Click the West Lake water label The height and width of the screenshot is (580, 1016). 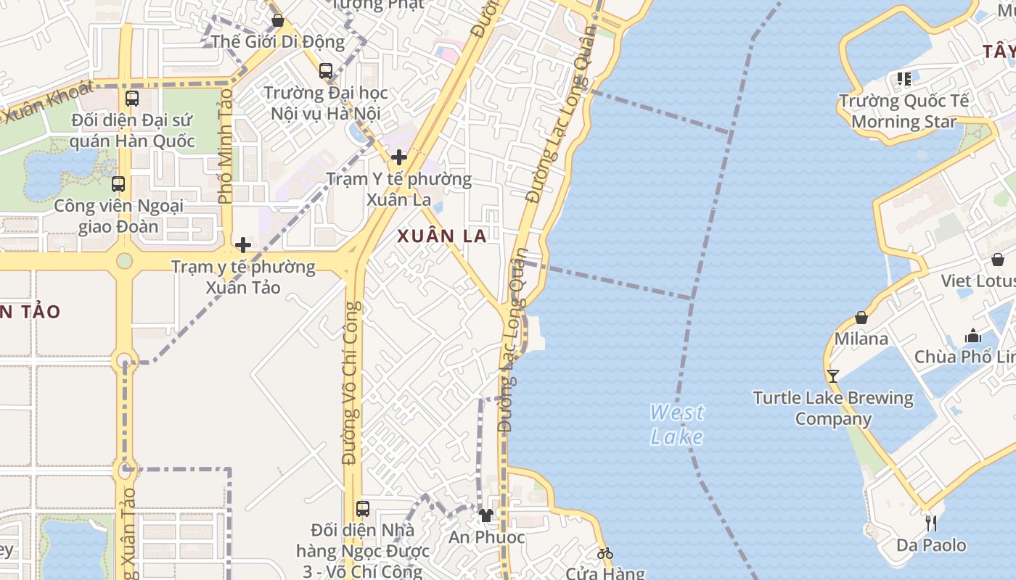coord(676,424)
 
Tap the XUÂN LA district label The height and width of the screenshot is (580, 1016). coord(441,236)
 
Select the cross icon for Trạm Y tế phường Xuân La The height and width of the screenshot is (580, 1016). coord(398,157)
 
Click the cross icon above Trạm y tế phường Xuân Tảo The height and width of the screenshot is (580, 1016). coord(243,245)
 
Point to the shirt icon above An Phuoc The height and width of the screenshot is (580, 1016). coord(486,515)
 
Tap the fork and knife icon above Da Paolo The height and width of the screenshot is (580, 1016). coord(931,523)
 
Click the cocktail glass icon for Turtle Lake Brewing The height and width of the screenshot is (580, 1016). coord(832,376)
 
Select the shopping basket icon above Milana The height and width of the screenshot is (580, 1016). coord(861,318)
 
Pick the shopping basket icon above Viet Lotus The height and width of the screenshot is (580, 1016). coord(998,260)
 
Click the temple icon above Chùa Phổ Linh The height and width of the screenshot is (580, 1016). coord(973,336)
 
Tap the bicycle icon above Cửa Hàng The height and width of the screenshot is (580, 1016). coord(605,553)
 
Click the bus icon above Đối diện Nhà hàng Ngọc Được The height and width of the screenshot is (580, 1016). coord(363,509)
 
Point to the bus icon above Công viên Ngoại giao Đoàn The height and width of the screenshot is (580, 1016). coord(118,184)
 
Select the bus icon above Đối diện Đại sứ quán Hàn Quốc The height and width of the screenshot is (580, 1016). coord(132,99)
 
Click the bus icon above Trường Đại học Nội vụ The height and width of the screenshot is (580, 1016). coord(326,71)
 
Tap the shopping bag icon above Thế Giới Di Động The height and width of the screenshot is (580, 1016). coord(277,20)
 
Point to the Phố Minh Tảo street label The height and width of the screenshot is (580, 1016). coord(225,145)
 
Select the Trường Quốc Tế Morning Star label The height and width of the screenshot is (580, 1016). coord(904,111)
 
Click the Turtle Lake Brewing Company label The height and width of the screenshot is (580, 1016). coord(833,408)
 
